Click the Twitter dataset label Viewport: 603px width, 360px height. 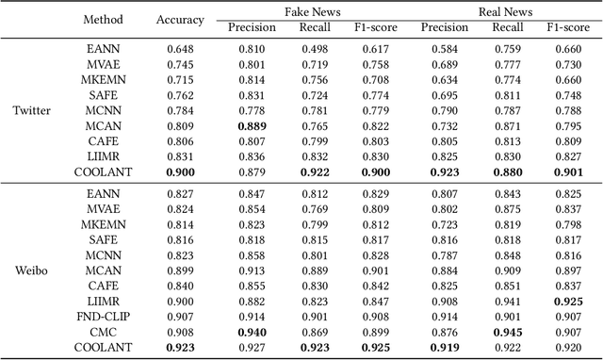[31, 110]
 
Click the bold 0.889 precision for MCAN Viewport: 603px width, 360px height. [251, 125]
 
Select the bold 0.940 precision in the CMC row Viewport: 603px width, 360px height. [251, 333]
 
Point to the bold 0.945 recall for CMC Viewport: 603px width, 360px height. [507, 333]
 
